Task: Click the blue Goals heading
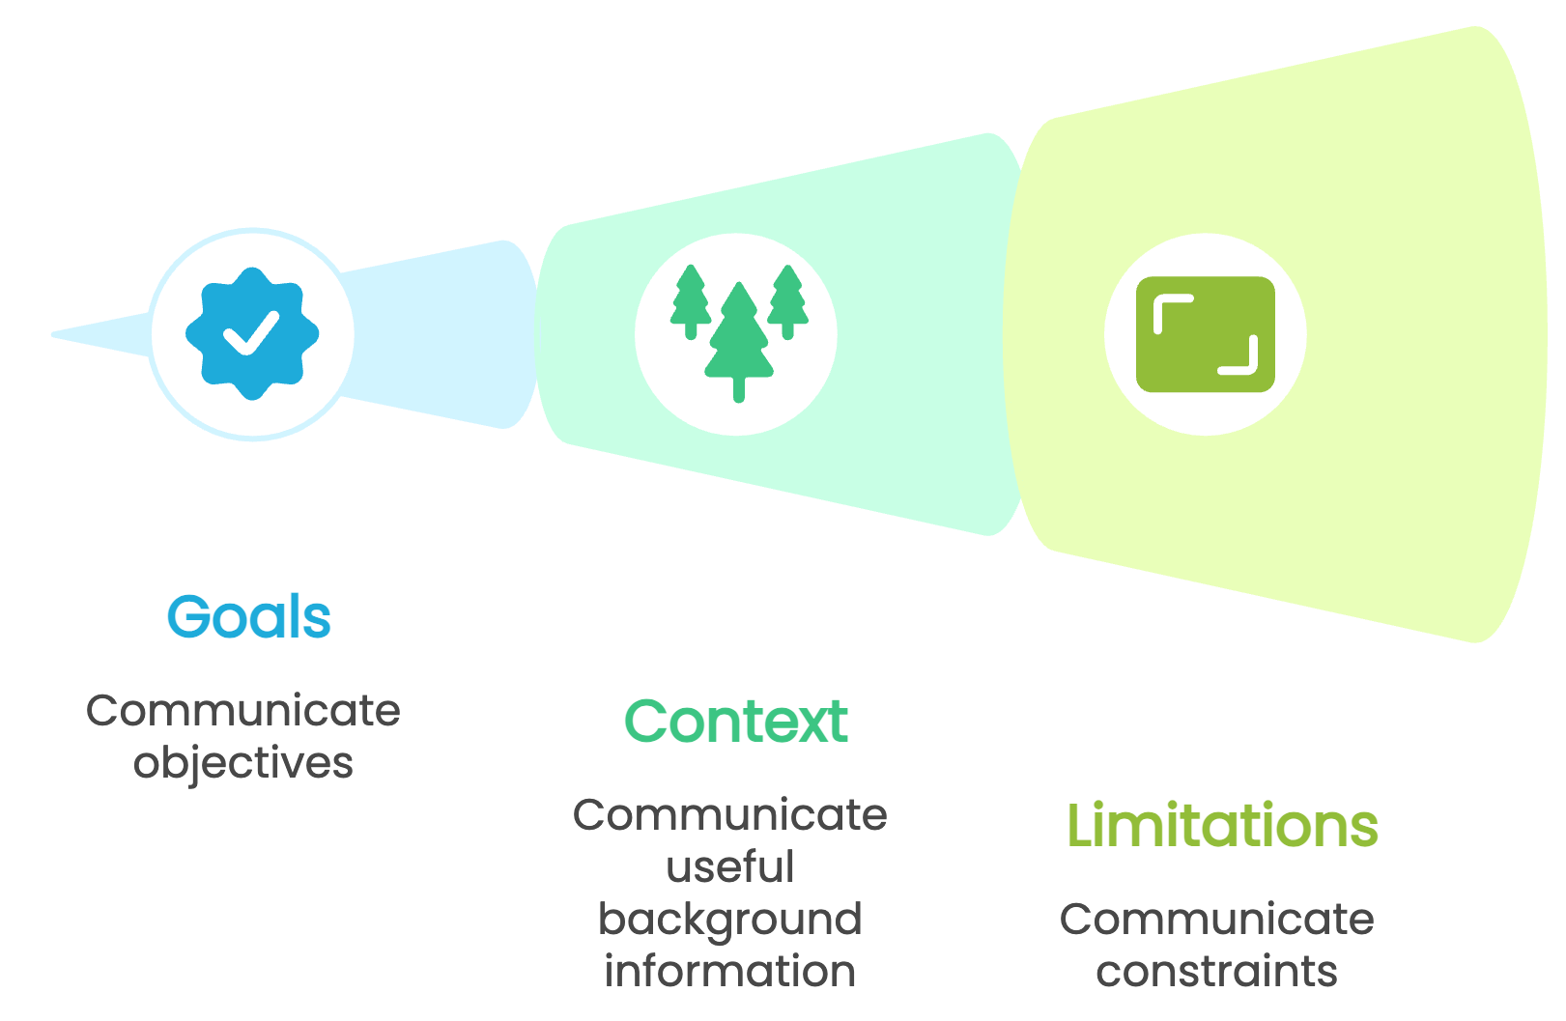pos(249,617)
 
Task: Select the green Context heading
pos(736,722)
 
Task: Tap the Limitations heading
pos(1222,826)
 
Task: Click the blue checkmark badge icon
pos(252,333)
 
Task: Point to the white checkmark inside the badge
pos(251,331)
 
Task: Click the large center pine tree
pos(739,338)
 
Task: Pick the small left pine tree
pos(690,298)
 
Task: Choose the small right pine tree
pos(788,298)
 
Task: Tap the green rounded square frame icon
pos(1206,334)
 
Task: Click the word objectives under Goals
pos(243,763)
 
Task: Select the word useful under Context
pos(730,866)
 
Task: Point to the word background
pos(730,920)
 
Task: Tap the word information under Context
pos(730,971)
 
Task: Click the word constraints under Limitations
pos(1217,971)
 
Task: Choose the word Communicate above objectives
pos(243,711)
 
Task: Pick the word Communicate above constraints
pos(1217,919)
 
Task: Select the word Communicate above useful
pos(730,815)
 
